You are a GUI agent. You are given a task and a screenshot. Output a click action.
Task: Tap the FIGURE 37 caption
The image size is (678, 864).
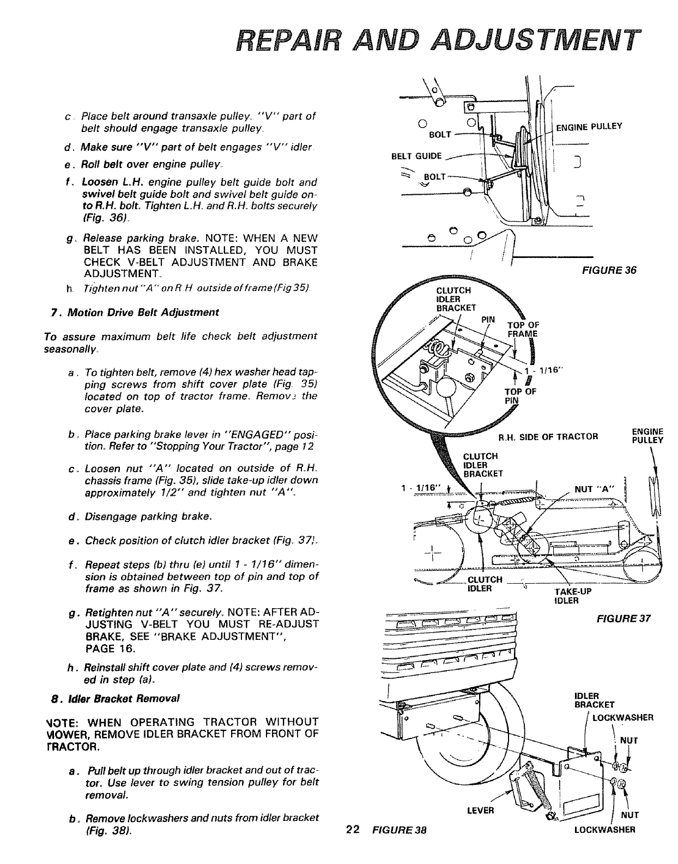click(617, 619)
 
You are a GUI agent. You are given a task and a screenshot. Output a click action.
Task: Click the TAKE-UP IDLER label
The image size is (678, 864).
click(569, 596)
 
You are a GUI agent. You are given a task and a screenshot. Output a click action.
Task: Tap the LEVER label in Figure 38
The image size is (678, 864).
click(480, 810)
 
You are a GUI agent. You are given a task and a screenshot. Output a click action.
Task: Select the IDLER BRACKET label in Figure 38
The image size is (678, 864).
click(587, 700)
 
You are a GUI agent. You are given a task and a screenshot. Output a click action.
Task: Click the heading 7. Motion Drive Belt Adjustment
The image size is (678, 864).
click(134, 312)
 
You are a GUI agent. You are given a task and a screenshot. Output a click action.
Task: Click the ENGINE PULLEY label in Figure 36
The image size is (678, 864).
click(589, 127)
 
